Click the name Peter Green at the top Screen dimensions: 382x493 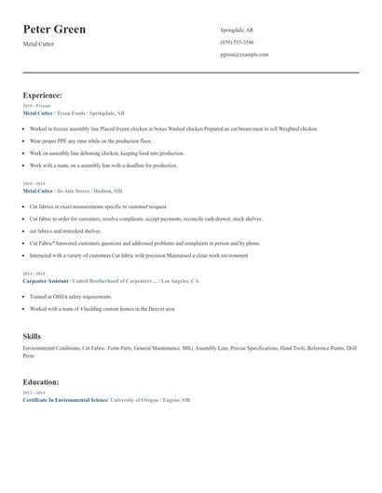[54, 29]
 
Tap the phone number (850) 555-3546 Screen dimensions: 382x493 [237, 42]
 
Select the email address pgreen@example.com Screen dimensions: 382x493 [244, 55]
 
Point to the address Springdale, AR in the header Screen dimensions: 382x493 [237, 30]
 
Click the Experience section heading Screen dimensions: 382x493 [43, 95]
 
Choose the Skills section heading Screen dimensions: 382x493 [32, 336]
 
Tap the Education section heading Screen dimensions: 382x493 [41, 381]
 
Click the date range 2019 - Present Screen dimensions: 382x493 [34, 106]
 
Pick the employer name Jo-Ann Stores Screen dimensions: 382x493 [76, 190]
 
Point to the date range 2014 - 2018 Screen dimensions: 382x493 [33, 274]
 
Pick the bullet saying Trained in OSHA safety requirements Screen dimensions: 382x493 [70, 297]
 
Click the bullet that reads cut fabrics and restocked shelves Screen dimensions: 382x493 [65, 231]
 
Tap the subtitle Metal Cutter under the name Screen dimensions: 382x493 [39, 44]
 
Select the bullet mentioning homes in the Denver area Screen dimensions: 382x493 [102, 308]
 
